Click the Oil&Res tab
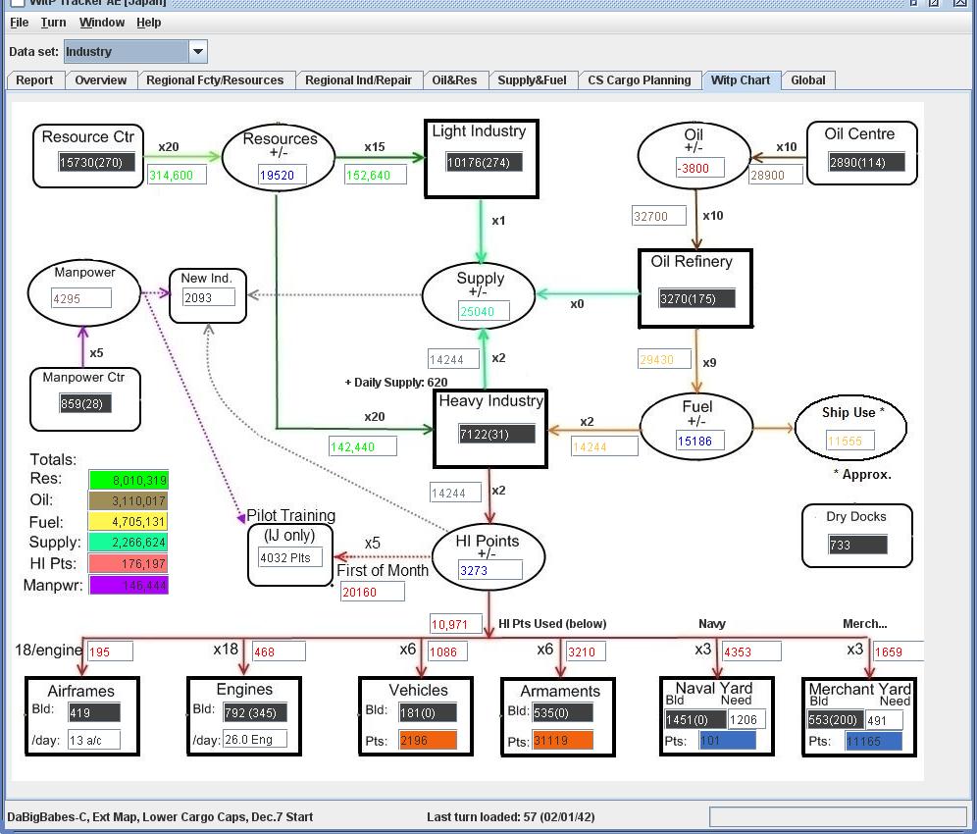(454, 80)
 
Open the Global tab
(807, 80)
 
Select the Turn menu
(54, 23)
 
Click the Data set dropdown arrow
(197, 52)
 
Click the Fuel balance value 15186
(698, 442)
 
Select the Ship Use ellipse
(850, 427)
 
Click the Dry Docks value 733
(856, 545)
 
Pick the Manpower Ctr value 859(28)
(84, 403)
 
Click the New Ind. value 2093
(208, 297)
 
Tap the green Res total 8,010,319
(129, 480)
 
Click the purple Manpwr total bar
(129, 586)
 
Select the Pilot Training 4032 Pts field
(289, 557)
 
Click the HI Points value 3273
(488, 570)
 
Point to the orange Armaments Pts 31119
(562, 741)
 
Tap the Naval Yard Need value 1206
(746, 719)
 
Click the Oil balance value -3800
(698, 168)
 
